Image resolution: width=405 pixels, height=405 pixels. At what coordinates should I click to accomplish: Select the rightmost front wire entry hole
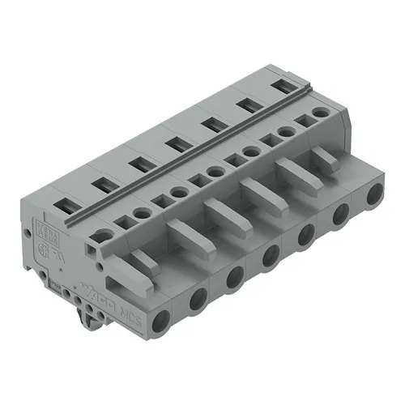374,194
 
